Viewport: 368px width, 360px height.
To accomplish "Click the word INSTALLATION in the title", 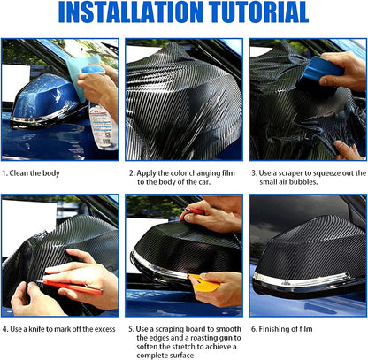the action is click(131, 12).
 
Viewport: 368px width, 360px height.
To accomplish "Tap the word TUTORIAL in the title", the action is click(259, 12).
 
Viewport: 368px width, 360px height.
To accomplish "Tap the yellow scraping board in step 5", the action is click(203, 282).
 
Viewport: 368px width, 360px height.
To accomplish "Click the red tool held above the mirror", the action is click(194, 211).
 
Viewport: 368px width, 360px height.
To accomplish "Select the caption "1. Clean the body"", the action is click(31, 173).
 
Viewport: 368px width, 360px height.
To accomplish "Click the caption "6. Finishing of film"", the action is click(281, 329).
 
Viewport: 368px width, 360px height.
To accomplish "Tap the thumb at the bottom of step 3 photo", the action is click(348, 149).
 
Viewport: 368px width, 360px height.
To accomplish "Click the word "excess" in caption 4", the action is click(103, 329).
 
